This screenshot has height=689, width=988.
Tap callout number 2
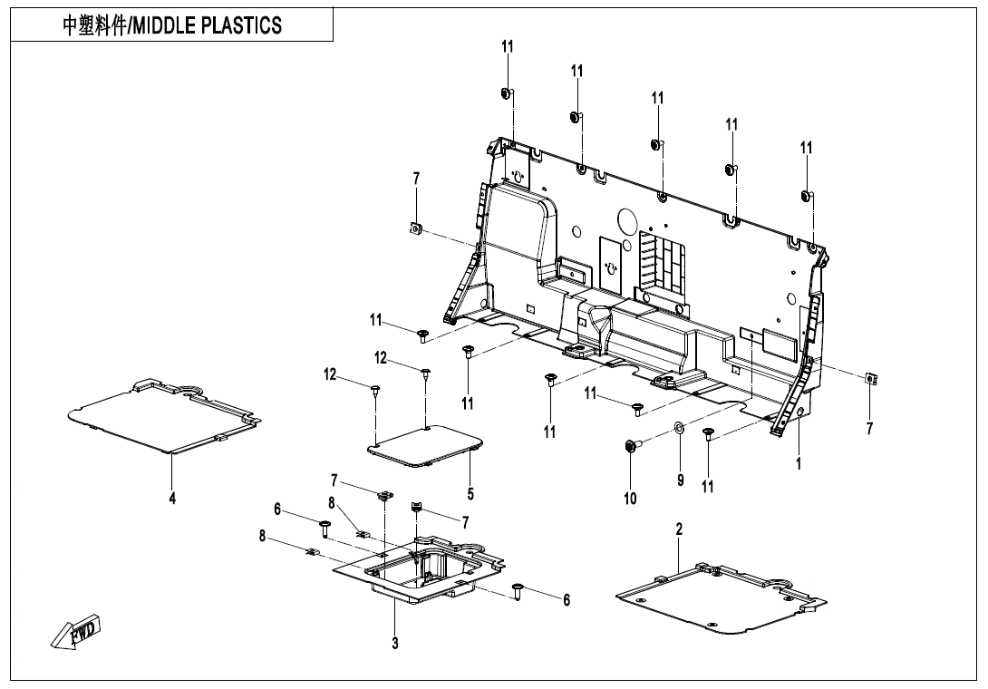(679, 529)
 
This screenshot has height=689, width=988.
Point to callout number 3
(395, 642)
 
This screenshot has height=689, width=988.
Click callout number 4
(172, 498)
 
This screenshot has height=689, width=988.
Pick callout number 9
(680, 480)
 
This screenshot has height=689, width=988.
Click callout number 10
(630, 498)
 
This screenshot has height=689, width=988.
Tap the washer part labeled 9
(678, 427)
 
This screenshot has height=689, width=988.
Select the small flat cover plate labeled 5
(426, 445)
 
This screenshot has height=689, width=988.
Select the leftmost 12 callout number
(331, 374)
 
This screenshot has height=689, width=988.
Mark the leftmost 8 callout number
(262, 536)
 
